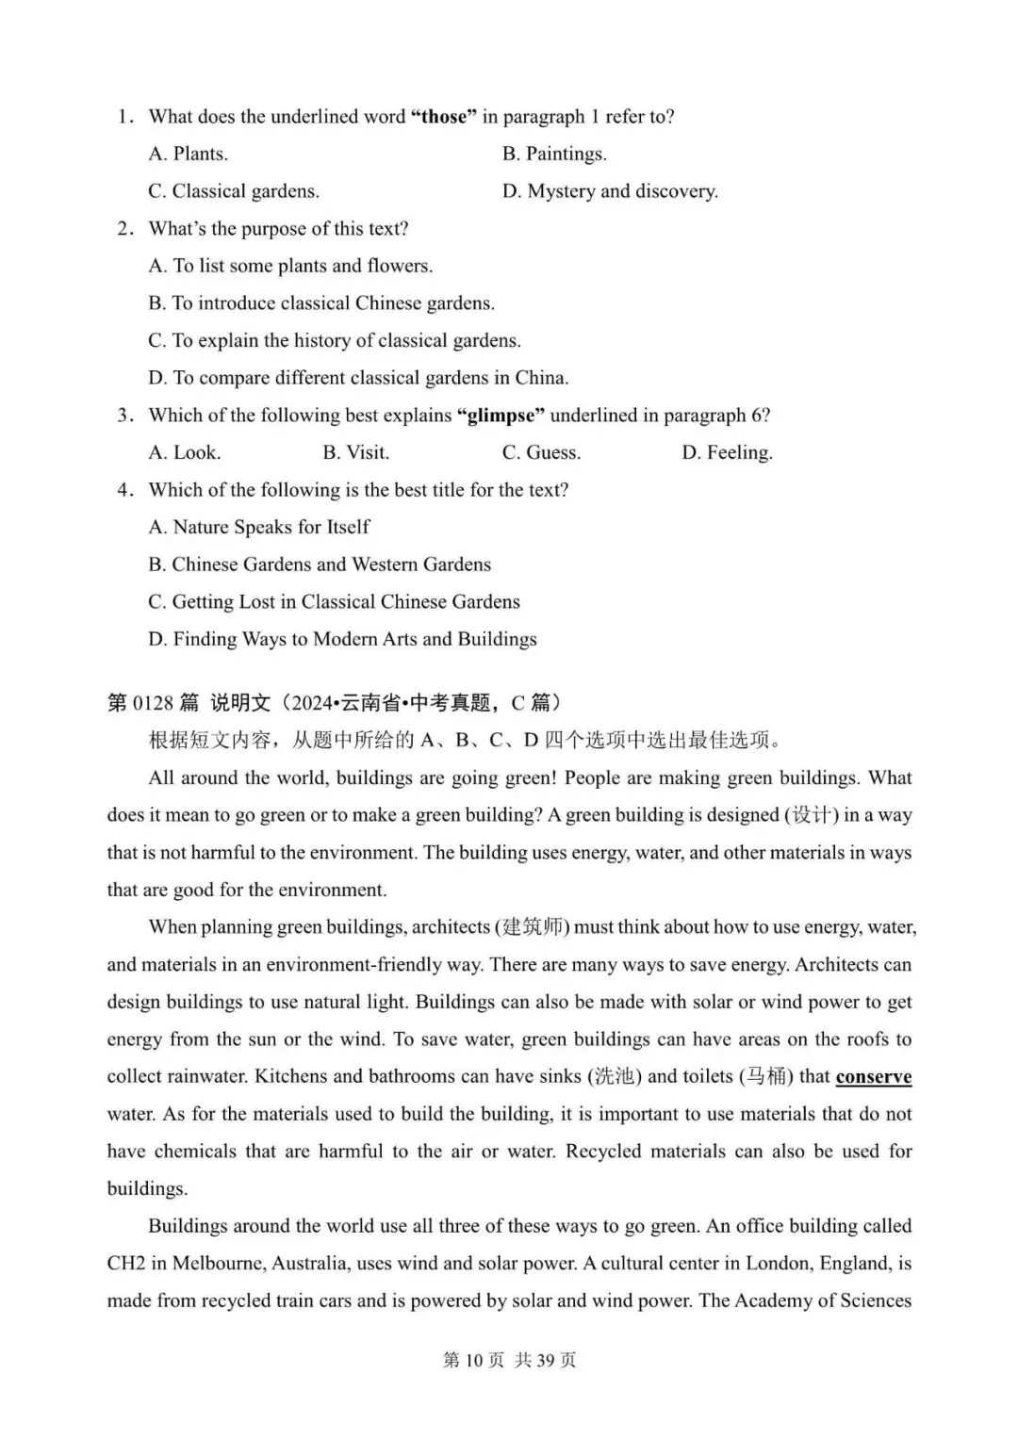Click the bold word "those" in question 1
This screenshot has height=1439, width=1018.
(x=444, y=117)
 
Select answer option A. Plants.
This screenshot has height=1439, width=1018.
(x=189, y=154)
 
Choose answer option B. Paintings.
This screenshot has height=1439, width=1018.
(x=554, y=154)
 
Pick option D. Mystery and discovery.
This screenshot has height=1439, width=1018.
(x=610, y=191)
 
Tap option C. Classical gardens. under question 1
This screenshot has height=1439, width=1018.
(x=234, y=191)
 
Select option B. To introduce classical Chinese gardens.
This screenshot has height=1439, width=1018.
(x=321, y=303)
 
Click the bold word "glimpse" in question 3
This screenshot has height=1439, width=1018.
(x=501, y=416)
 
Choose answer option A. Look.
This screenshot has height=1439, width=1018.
(x=185, y=452)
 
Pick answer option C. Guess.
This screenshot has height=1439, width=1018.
(x=541, y=452)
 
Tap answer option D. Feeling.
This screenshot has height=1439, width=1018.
(x=727, y=452)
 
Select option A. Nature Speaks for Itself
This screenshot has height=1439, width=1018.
(x=259, y=527)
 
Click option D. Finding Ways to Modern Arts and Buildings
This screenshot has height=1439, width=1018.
(x=342, y=639)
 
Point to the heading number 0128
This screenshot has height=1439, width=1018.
(x=154, y=703)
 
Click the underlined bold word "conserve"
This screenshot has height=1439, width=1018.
(x=874, y=1076)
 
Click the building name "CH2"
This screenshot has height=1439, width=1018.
(x=125, y=1264)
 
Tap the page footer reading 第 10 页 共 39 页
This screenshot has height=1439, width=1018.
(x=509, y=1361)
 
